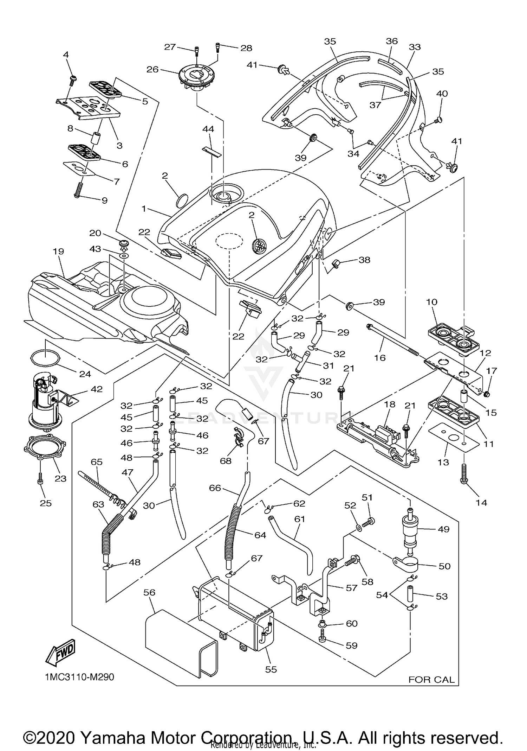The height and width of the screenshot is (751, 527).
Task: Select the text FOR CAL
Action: pos(431,680)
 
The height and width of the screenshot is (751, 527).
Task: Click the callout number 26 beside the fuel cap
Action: pos(152,69)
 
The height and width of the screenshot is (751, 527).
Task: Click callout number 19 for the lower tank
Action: pos(59,252)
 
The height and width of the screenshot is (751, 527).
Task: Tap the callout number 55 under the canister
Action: pos(271,669)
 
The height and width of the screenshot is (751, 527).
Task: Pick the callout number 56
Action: pos(149,592)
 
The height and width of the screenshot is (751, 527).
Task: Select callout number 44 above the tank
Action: pos(208,129)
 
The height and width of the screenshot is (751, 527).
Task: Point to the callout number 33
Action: pos(415,47)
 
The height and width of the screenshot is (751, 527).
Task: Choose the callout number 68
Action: pos(226,460)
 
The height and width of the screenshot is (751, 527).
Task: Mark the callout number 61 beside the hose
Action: pos(300,519)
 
